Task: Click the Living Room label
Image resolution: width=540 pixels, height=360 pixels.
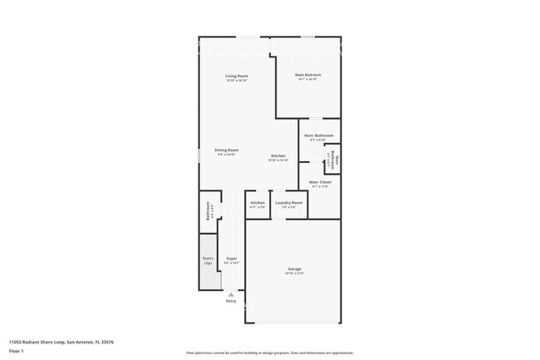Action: pos(237,76)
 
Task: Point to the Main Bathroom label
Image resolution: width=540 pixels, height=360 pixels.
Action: pos(319,136)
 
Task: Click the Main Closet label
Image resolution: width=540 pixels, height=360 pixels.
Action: pos(320,182)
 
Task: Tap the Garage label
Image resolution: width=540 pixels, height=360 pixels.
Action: pos(294,269)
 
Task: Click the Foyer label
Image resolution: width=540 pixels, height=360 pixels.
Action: pos(232,259)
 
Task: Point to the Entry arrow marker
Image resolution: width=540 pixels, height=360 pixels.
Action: pos(231,293)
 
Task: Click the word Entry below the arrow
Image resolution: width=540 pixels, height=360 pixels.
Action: pos(231,301)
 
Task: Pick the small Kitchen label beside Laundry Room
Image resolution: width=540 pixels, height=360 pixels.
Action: pos(258,203)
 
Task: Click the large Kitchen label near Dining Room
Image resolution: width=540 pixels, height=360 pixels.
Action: pos(278,156)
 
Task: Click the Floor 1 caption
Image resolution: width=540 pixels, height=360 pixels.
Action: pos(17,351)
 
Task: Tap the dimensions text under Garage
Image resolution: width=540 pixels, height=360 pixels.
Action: pos(294,274)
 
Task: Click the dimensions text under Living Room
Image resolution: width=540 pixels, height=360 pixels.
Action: pos(237,81)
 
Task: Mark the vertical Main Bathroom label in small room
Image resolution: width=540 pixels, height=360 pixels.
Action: pos(336,158)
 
